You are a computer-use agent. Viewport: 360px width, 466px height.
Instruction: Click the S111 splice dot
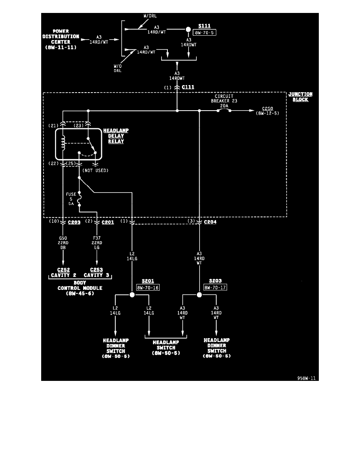[x=188, y=29]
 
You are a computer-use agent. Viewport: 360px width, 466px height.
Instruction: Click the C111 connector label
[x=188, y=87]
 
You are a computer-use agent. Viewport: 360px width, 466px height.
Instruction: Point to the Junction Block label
[x=300, y=97]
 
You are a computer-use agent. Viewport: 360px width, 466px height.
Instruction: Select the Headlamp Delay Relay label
[x=113, y=136]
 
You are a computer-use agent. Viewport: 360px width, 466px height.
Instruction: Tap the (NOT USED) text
[x=96, y=171]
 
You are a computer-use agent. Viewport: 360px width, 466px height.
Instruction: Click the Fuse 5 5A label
[x=71, y=199]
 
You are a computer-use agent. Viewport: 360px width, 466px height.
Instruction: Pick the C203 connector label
[x=74, y=222]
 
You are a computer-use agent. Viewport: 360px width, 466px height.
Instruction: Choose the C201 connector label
[x=108, y=222]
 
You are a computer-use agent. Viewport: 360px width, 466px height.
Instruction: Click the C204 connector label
[x=210, y=222]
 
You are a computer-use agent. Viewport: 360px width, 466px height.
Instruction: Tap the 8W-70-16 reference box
[x=148, y=288]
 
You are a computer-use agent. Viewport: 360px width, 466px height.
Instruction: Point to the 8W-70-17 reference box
[x=215, y=288]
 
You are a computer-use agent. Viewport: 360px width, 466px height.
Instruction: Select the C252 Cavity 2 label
[x=63, y=272]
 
